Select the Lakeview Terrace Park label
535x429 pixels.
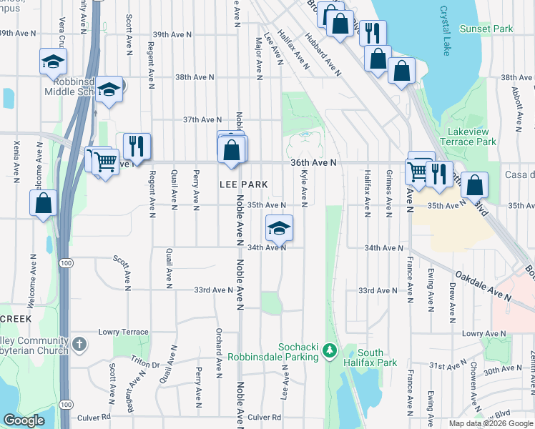coord(471,137)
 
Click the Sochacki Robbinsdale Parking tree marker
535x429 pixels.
coord(329,350)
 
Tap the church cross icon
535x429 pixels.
coord(79,345)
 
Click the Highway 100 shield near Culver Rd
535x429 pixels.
coord(66,405)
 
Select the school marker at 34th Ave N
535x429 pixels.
coord(279,228)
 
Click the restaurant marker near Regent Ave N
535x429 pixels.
coord(136,146)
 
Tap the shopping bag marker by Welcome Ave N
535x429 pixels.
coord(44,202)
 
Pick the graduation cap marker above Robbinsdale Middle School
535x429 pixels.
coord(53,62)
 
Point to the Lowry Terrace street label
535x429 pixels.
coord(124,332)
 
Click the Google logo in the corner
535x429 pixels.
coord(24,420)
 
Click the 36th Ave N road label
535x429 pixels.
coord(313,163)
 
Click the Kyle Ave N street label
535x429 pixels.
coord(305,184)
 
